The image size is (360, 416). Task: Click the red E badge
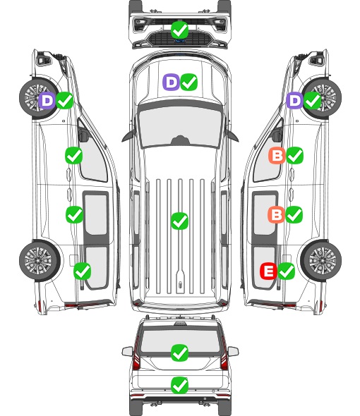[269, 271]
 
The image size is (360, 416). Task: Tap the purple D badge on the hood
[171, 82]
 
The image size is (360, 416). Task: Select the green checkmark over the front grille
[180, 30]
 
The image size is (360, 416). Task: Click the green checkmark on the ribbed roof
[180, 221]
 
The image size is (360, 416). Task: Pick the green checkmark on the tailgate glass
[180, 353]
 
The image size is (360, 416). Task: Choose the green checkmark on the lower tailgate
[180, 385]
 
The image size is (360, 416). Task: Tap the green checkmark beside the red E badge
[286, 271]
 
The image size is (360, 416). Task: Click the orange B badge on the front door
[277, 155]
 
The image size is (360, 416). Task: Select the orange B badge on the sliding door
[276, 214]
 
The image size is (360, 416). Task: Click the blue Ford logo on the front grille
[180, 41]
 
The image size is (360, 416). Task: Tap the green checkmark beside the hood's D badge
[189, 82]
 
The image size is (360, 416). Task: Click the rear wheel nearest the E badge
[321, 260]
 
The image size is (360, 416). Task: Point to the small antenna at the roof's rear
[180, 285]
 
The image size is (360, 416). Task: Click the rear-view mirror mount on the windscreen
[180, 140]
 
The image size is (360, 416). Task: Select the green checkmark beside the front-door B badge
[294, 155]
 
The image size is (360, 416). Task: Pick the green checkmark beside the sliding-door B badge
[294, 214]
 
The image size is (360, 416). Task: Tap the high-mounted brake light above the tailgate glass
[180, 324]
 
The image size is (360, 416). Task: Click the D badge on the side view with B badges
[294, 100]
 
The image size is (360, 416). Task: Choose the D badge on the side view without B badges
[47, 101]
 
